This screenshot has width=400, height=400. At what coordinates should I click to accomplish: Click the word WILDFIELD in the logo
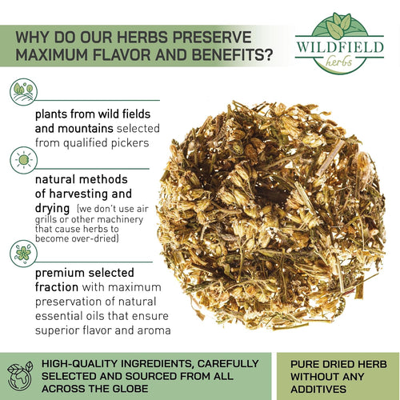click(x=340, y=47)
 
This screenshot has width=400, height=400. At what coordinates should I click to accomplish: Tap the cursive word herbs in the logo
click(x=338, y=62)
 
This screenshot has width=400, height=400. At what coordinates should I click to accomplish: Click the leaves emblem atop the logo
click(x=339, y=25)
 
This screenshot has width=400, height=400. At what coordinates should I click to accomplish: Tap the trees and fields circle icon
click(x=23, y=92)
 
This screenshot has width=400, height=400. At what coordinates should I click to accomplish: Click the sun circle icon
click(x=23, y=160)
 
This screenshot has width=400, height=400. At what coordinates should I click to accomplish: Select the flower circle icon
click(x=23, y=254)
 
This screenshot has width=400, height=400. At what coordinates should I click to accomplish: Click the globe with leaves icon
click(x=20, y=376)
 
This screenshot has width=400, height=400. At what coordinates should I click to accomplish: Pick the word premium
click(x=60, y=273)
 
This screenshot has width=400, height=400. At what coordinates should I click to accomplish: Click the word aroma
click(x=154, y=330)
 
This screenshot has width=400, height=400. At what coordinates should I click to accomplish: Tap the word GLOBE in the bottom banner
click(x=130, y=389)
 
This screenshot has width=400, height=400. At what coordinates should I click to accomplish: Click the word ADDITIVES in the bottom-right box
click(x=318, y=389)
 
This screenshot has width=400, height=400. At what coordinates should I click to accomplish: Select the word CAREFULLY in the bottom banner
click(x=228, y=364)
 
